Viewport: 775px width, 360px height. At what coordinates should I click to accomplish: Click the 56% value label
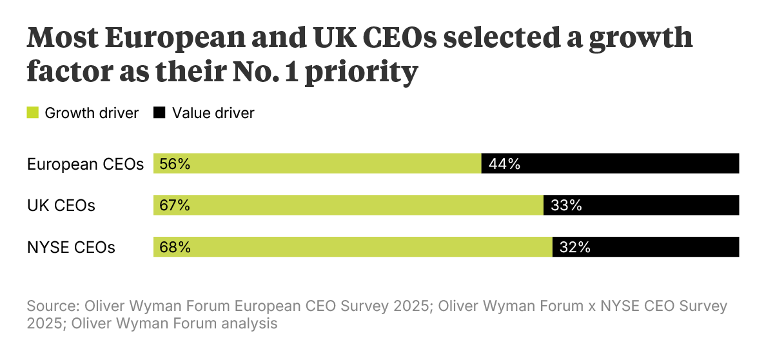(x=174, y=164)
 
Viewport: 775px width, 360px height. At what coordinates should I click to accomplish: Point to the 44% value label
(x=504, y=164)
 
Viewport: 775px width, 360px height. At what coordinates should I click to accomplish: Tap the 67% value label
(x=174, y=205)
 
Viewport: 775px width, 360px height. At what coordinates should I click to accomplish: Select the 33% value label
(x=567, y=205)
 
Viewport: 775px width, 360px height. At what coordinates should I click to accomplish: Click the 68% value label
(x=174, y=247)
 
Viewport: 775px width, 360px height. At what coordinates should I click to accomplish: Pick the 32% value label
(x=575, y=247)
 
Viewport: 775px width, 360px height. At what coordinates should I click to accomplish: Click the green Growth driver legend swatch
(x=33, y=113)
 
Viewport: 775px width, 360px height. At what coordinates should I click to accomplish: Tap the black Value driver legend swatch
(x=159, y=113)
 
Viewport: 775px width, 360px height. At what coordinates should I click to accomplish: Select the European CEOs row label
(x=85, y=164)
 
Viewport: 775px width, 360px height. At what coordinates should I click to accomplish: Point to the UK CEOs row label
(x=61, y=206)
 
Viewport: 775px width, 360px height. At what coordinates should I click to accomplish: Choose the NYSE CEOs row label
(x=71, y=247)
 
